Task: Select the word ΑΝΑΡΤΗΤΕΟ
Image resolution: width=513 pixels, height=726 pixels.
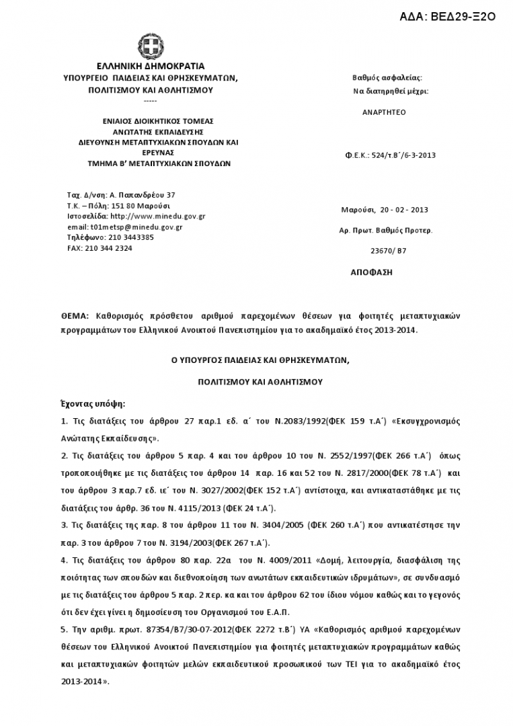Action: click(384, 112)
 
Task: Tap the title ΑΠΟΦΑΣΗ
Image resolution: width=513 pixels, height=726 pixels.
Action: click(371, 272)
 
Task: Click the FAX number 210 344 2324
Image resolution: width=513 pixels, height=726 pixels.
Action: click(109, 248)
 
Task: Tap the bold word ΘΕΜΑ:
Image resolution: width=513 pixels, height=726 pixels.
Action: click(75, 315)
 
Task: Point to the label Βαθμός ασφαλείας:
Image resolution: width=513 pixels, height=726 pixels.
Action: click(387, 78)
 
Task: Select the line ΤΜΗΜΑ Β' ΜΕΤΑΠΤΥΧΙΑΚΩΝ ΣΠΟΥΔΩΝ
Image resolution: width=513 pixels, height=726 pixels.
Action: click(159, 163)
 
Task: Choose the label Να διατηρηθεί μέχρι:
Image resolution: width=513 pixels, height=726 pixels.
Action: click(391, 91)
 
